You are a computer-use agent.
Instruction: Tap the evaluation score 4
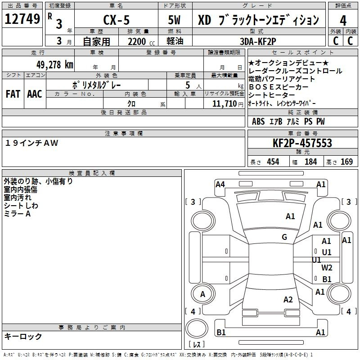coord(343,20)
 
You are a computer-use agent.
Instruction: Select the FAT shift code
coord(13,94)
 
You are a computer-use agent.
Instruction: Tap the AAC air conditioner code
coord(35,94)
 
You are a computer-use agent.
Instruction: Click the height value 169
coord(346,162)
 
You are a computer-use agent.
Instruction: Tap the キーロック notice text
coord(23,336)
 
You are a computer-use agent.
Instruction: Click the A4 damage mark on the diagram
coord(220,184)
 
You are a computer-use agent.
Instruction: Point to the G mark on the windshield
coord(284,237)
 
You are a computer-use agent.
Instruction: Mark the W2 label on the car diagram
coord(327,268)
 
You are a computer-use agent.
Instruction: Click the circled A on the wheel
coord(202,294)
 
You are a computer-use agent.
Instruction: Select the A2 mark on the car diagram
coord(288,300)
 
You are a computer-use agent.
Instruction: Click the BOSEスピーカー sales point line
coord(278,87)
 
